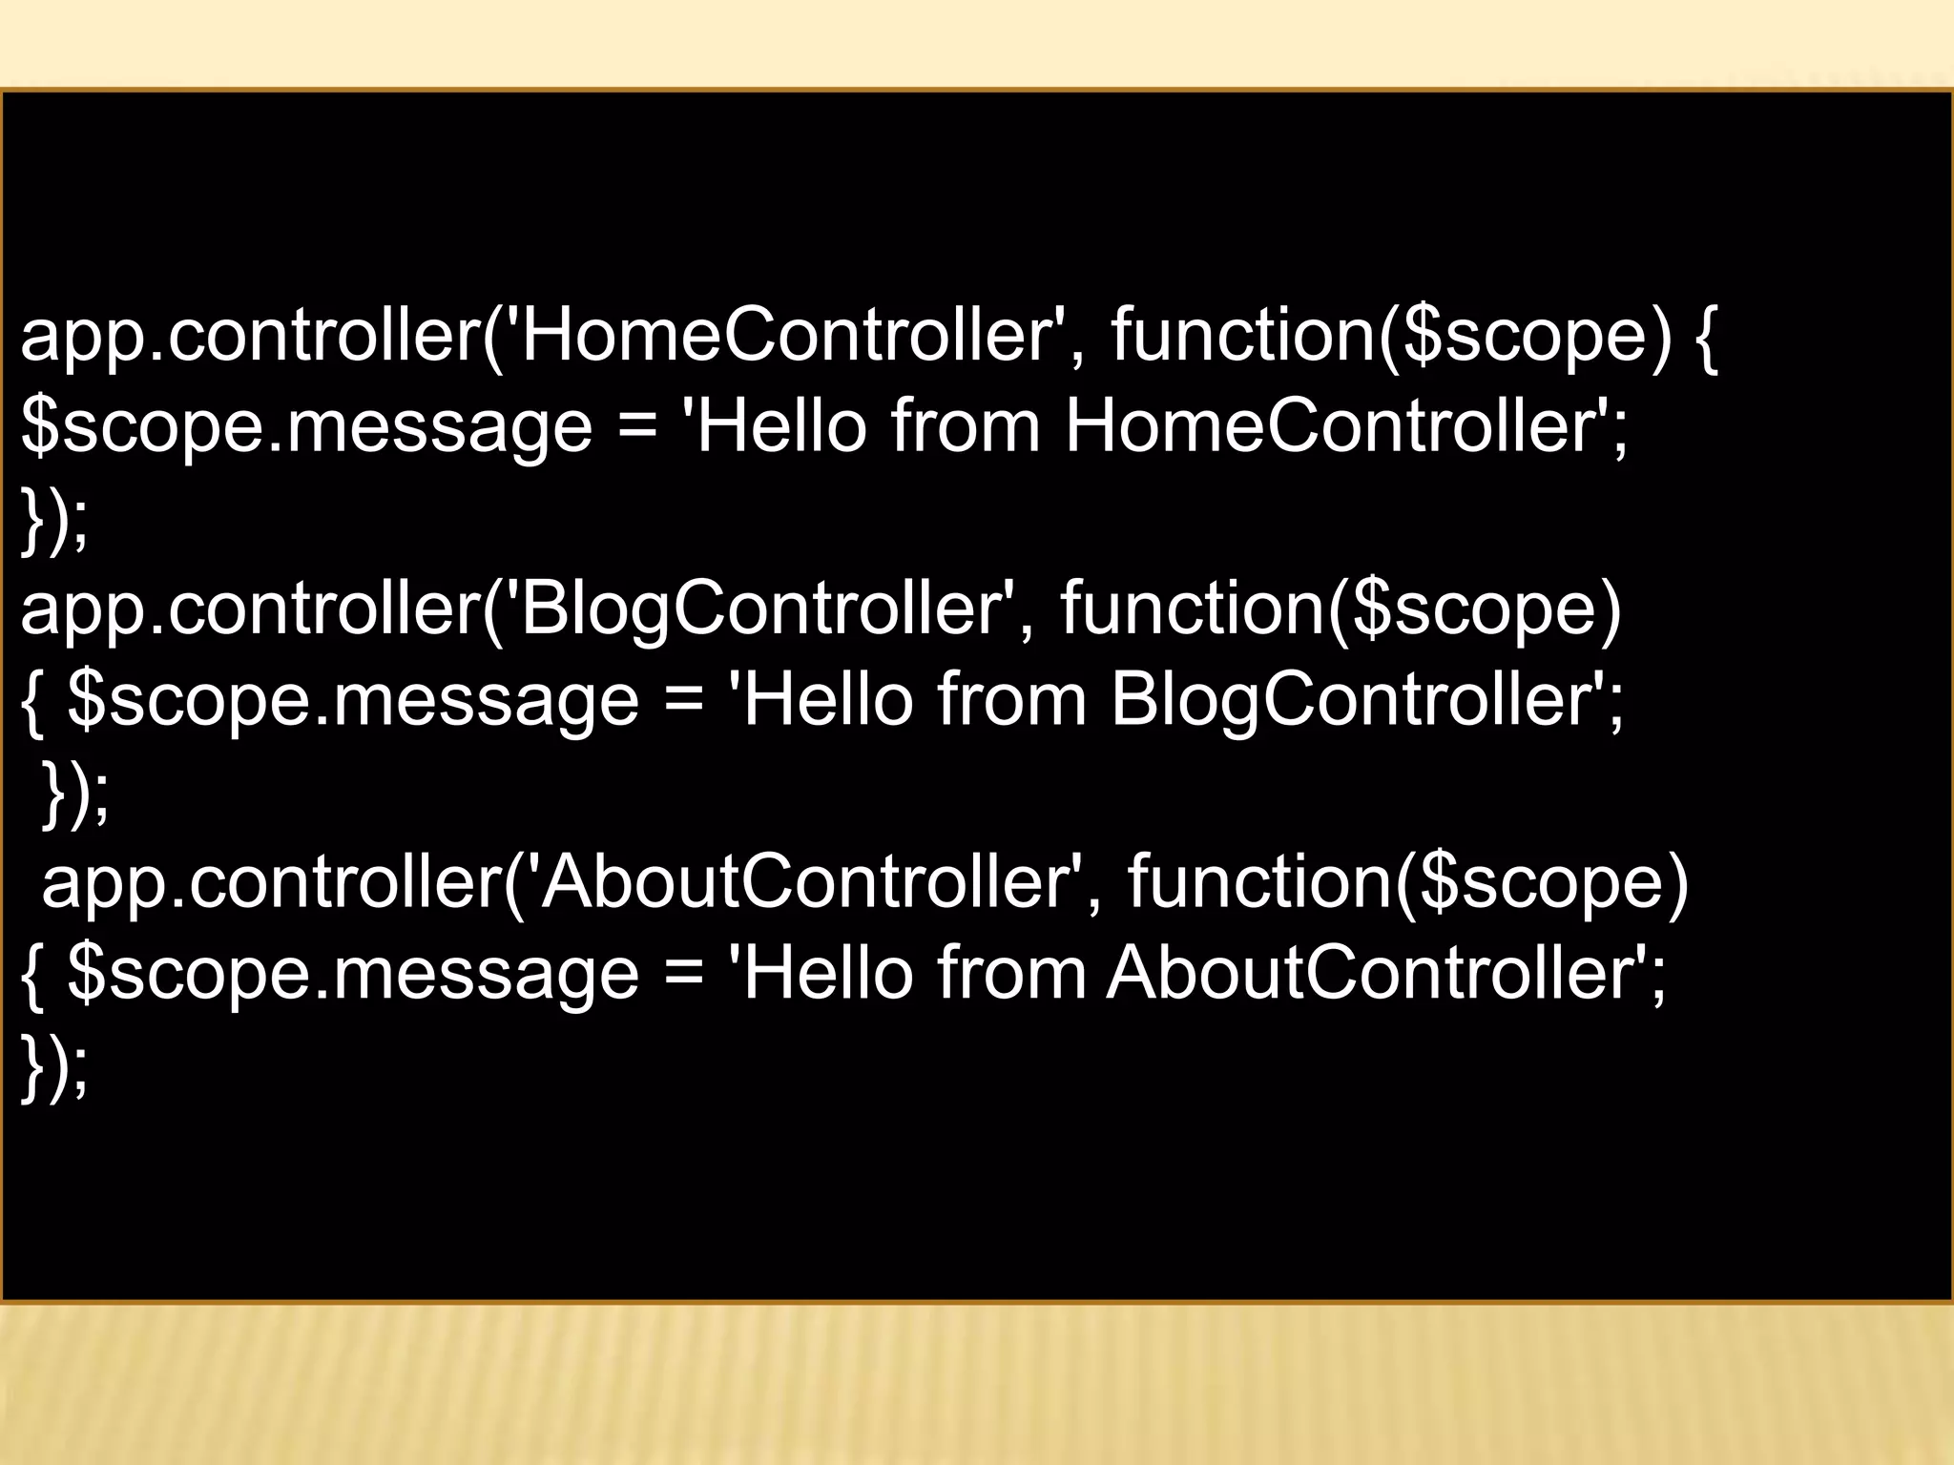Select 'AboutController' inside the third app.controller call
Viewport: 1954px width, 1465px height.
807,883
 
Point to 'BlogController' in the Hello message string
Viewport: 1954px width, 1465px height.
1355,700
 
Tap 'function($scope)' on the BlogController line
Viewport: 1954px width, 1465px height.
1341,609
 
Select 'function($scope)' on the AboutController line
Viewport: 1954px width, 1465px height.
1407,883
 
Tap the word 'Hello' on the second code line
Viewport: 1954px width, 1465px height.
782,426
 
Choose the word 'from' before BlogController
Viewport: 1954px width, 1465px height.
1011,700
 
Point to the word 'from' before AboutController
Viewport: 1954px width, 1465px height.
1011,973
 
